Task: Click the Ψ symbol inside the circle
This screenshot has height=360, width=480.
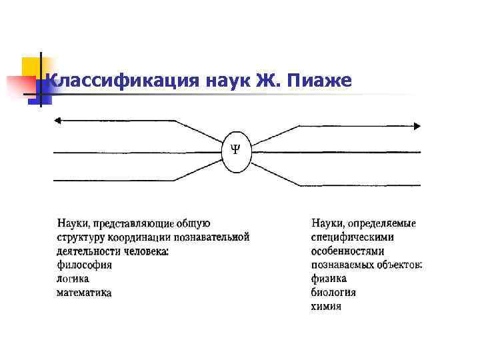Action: pos(235,147)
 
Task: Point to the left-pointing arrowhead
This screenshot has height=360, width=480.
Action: pos(58,121)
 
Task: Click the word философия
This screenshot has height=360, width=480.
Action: pos(84,265)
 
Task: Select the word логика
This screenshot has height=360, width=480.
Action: pos(73,279)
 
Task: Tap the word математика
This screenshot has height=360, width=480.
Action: pos(84,293)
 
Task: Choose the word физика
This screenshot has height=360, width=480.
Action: pos(329,279)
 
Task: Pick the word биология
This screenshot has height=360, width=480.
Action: pos(333,293)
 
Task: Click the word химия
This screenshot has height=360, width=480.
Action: pos(326,307)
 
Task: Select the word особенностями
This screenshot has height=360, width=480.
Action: pos(347,251)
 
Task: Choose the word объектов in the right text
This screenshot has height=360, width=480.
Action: pos(401,265)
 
